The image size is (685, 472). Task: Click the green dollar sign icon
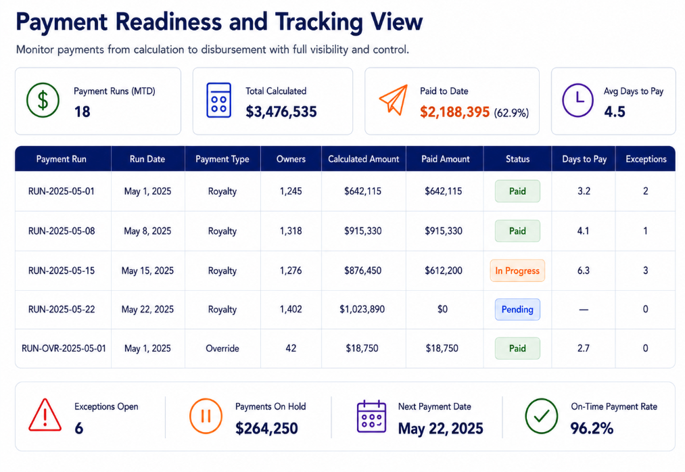(x=43, y=100)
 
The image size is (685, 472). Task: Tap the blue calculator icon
(x=218, y=100)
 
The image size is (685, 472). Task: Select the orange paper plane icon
(x=394, y=100)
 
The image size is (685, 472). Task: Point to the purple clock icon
(x=577, y=100)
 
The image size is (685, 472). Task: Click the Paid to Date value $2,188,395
(x=455, y=112)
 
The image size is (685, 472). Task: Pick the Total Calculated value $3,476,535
(x=281, y=112)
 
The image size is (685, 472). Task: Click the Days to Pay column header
(x=584, y=159)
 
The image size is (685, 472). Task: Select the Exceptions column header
(x=646, y=159)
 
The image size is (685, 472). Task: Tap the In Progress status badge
(x=517, y=270)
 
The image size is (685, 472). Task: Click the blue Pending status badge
(x=517, y=310)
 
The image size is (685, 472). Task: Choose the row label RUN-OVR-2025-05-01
(x=64, y=348)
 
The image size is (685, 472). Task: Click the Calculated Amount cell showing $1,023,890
(x=362, y=310)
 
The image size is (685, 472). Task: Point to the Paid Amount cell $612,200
(x=444, y=270)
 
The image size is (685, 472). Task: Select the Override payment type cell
(x=222, y=348)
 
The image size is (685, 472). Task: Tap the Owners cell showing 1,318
(x=291, y=231)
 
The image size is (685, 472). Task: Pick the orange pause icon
(x=206, y=416)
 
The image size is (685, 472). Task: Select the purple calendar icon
(x=371, y=417)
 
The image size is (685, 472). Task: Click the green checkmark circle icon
(x=541, y=416)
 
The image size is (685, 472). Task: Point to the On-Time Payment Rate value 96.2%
(x=592, y=428)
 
